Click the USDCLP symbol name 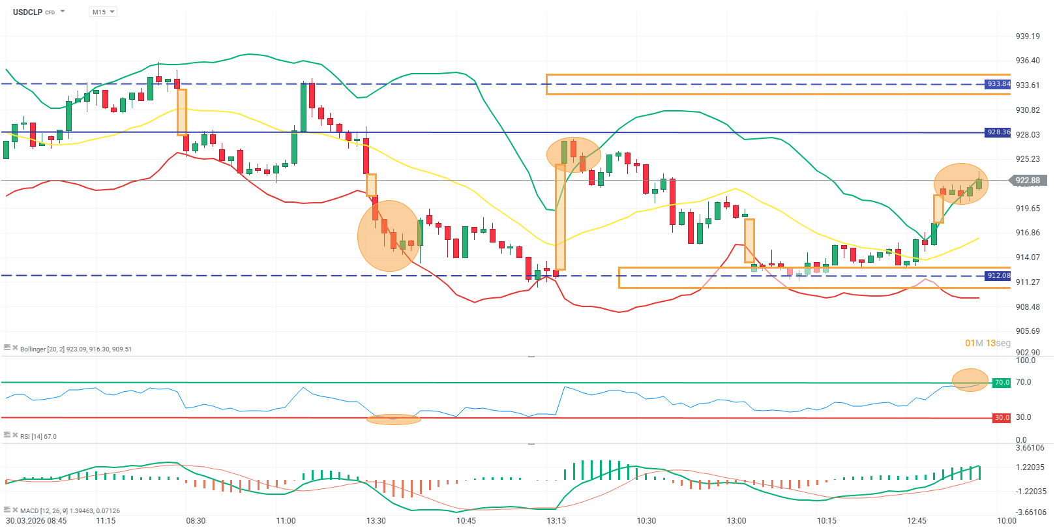click(x=27, y=12)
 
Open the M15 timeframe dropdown click(x=102, y=12)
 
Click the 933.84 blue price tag click(x=998, y=84)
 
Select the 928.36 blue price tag click(x=998, y=132)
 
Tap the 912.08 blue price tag click(x=998, y=276)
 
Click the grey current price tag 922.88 click(x=1028, y=181)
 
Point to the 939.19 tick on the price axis click(x=1028, y=37)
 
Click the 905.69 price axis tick click(x=1028, y=331)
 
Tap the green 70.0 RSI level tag click(x=1002, y=383)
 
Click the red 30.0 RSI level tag click(x=1002, y=418)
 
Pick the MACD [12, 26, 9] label click(x=70, y=511)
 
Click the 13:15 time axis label click(x=556, y=521)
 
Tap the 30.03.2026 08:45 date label click(x=37, y=521)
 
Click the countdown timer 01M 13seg click(x=987, y=343)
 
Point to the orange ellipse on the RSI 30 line click(x=394, y=419)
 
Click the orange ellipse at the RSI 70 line click(x=970, y=380)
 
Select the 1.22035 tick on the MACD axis click(x=1030, y=467)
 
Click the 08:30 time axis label click(x=196, y=521)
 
